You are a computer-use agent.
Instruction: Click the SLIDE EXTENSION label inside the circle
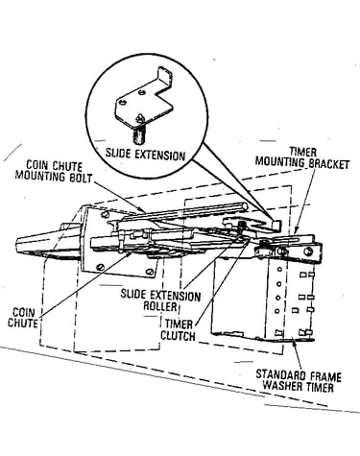click(x=146, y=155)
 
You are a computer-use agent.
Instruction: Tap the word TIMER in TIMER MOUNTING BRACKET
click(x=302, y=152)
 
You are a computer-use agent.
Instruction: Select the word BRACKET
click(x=328, y=164)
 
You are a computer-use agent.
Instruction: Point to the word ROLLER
click(x=160, y=306)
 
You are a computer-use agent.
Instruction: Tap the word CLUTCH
click(x=178, y=336)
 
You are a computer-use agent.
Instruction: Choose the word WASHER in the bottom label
click(x=281, y=386)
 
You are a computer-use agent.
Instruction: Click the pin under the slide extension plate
click(x=139, y=135)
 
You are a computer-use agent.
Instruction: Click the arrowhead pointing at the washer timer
click(x=295, y=344)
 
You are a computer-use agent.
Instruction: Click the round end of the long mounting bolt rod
click(x=245, y=206)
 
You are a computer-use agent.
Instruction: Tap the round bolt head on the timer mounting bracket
click(x=308, y=252)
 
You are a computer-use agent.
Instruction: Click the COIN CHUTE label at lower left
click(x=23, y=317)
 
